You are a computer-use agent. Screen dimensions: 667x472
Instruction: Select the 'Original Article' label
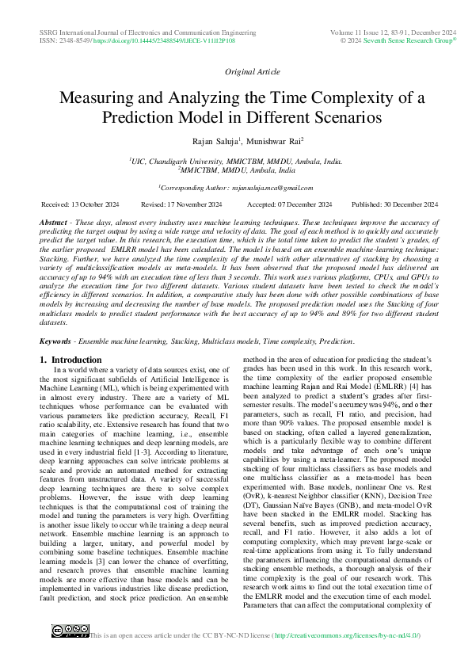point(252,71)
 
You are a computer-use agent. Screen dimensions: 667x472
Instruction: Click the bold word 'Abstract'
point(53,223)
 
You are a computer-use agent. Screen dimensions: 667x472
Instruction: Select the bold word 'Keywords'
point(55,341)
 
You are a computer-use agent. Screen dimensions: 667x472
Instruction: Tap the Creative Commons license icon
point(70,631)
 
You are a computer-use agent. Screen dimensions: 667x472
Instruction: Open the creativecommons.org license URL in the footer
point(346,636)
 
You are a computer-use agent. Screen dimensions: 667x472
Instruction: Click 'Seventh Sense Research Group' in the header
point(406,38)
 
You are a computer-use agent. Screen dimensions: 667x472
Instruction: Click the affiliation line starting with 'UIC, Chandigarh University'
point(236,160)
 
